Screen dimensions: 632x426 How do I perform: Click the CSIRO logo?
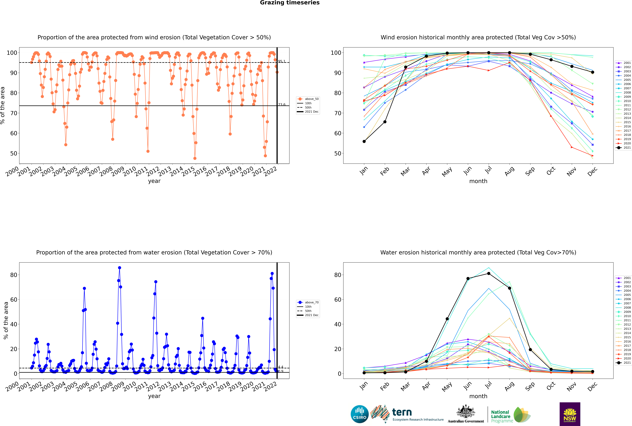click(x=359, y=414)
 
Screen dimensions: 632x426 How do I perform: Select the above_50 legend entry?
click(x=308, y=99)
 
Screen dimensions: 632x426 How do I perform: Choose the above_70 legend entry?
click(x=308, y=302)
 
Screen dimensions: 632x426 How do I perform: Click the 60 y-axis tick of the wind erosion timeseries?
click(x=14, y=133)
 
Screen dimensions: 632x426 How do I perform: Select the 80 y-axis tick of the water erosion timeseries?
click(x=14, y=275)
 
